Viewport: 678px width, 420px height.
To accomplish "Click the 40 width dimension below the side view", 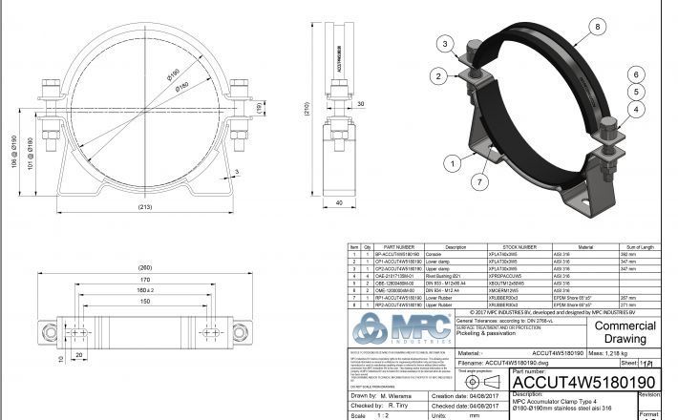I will click(x=340, y=202).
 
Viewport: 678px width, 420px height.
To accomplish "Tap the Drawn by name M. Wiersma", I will click(x=393, y=394).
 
